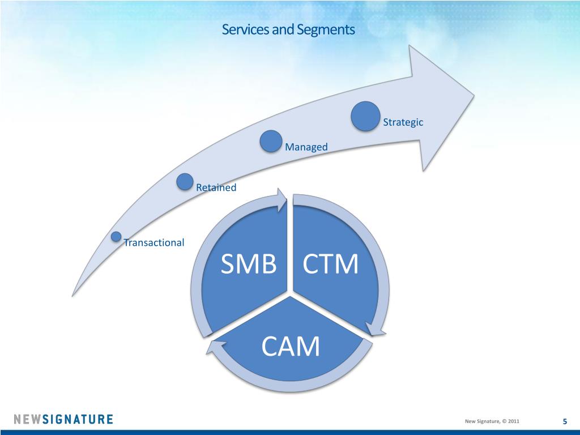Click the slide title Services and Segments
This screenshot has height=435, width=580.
288,29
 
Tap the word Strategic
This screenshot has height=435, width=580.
403,122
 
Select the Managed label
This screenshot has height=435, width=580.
306,147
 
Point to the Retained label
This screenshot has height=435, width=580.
216,187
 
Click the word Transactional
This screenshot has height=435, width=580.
154,242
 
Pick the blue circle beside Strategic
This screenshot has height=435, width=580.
365,116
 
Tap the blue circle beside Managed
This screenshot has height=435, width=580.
271,141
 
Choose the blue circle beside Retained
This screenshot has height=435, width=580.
185,181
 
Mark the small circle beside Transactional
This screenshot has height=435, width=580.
116,236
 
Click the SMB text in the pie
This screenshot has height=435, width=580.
248,265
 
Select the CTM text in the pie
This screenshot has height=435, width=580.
330,265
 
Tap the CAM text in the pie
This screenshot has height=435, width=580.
290,347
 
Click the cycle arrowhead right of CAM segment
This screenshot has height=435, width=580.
375,330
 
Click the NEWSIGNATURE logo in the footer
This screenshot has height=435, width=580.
63,420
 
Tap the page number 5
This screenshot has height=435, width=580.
565,421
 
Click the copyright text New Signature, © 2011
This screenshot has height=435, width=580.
491,421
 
